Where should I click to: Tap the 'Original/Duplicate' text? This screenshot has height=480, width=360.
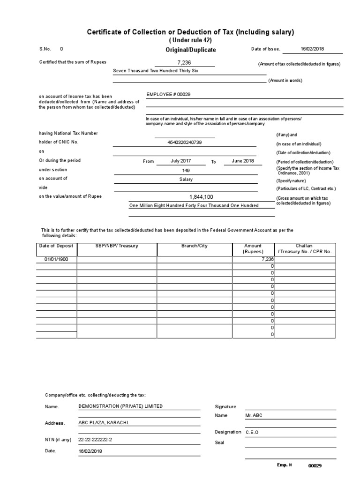click(x=190, y=50)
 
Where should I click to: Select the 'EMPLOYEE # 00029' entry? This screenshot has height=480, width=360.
click(x=168, y=94)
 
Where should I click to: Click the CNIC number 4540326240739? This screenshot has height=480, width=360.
click(x=184, y=142)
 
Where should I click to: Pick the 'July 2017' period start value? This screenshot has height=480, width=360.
click(x=180, y=161)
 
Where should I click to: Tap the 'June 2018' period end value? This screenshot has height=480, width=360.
click(x=243, y=161)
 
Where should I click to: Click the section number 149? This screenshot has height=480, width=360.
click(x=186, y=170)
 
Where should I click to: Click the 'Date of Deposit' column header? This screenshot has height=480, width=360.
click(x=57, y=246)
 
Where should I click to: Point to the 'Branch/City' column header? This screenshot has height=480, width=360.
click(x=194, y=246)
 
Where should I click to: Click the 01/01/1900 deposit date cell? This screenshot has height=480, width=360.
click(x=56, y=259)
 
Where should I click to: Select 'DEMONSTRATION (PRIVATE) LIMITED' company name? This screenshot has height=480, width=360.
click(x=120, y=406)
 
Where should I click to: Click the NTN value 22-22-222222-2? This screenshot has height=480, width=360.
click(x=96, y=440)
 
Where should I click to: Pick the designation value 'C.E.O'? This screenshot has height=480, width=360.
click(x=252, y=432)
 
